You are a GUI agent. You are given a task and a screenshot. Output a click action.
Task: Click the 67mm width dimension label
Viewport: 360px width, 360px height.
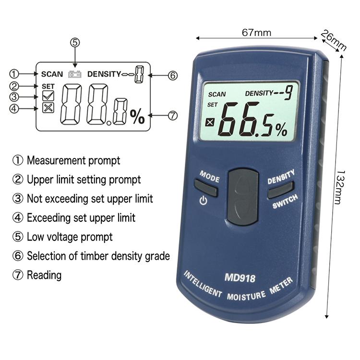[x=256, y=33]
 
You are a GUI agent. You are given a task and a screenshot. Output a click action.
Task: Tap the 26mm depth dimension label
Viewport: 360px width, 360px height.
[x=334, y=40]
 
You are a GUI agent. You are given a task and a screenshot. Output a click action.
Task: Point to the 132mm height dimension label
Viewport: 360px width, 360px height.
[x=340, y=187]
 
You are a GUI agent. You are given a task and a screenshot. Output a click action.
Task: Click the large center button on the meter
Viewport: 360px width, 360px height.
[x=243, y=197]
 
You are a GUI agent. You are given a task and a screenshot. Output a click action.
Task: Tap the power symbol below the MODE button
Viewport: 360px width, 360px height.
[x=203, y=201]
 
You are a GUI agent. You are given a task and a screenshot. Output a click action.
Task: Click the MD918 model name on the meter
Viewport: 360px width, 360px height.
[x=240, y=278]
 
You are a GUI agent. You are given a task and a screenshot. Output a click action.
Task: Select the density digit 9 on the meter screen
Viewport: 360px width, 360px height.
[x=288, y=92]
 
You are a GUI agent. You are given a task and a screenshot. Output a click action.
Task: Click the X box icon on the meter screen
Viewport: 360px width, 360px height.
[x=210, y=122]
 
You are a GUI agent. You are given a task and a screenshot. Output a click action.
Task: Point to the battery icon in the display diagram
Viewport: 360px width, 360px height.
[x=75, y=74]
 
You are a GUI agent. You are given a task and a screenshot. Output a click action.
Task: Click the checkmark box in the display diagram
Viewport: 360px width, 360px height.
[x=48, y=96]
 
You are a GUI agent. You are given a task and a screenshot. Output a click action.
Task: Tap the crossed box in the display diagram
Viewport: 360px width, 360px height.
[x=48, y=108]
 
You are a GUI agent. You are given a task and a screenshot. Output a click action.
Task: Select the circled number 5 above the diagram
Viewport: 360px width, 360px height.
[x=75, y=43]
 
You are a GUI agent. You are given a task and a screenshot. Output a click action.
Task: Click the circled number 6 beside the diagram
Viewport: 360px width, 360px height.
[x=173, y=75]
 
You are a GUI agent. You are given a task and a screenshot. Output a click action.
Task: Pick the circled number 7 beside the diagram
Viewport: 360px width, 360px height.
[x=173, y=115]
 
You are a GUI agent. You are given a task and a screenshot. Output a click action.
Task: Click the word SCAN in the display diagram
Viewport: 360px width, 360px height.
[x=52, y=74]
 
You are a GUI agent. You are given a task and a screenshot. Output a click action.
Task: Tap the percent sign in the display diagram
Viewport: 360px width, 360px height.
[x=137, y=117]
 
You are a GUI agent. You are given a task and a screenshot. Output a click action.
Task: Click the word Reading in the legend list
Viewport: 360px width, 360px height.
[x=44, y=275]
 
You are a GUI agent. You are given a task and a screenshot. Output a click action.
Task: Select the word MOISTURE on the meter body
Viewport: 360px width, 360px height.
[x=246, y=296]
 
